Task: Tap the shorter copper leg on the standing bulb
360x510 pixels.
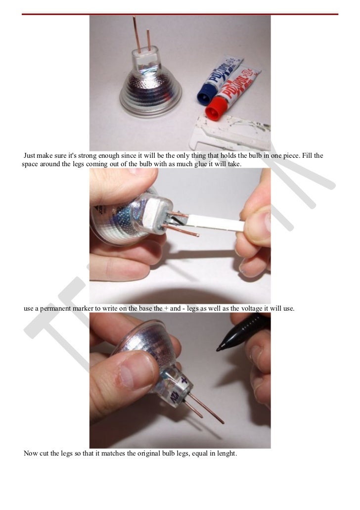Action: (x=147, y=40)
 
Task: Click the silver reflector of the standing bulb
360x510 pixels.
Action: (x=148, y=89)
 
